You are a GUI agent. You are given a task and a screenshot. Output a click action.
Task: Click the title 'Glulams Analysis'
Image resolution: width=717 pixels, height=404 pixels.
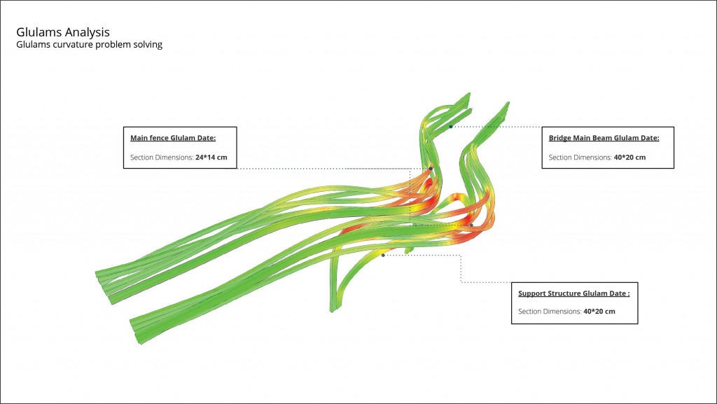[x=62, y=32]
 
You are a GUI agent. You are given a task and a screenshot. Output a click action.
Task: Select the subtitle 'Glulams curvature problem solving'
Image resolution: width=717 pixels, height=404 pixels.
[x=89, y=45]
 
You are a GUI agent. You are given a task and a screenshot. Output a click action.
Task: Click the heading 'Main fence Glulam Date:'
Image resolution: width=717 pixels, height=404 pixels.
[x=173, y=138]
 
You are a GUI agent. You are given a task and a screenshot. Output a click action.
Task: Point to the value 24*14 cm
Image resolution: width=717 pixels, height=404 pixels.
[x=211, y=158]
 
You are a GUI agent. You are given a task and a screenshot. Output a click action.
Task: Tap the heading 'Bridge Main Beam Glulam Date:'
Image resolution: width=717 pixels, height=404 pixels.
[x=604, y=138]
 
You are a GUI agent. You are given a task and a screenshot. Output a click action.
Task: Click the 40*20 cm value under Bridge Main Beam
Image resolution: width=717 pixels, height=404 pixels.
[x=630, y=158]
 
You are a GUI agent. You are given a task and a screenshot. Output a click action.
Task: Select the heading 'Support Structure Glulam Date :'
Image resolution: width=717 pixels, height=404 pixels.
[x=573, y=293]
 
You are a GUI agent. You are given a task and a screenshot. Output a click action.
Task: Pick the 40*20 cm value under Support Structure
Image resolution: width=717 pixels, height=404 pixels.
[x=599, y=312]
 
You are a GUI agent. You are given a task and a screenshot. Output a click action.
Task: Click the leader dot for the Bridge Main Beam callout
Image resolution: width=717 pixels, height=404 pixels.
[x=451, y=127]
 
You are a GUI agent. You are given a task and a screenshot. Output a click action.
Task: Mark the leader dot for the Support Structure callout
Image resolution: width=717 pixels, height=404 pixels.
[x=383, y=256]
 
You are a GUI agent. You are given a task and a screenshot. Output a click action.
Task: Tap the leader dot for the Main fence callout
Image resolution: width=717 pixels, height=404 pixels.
[x=431, y=169]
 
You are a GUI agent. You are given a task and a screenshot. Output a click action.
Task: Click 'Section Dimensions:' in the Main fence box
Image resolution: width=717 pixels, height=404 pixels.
[x=161, y=158]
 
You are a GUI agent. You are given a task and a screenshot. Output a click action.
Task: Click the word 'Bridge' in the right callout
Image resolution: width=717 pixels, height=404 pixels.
[x=560, y=138]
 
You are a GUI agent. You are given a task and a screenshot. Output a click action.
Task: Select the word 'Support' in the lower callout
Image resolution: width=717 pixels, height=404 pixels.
[x=533, y=293]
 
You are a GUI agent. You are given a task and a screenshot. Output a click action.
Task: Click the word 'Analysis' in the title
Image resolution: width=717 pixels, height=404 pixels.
[x=87, y=32]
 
